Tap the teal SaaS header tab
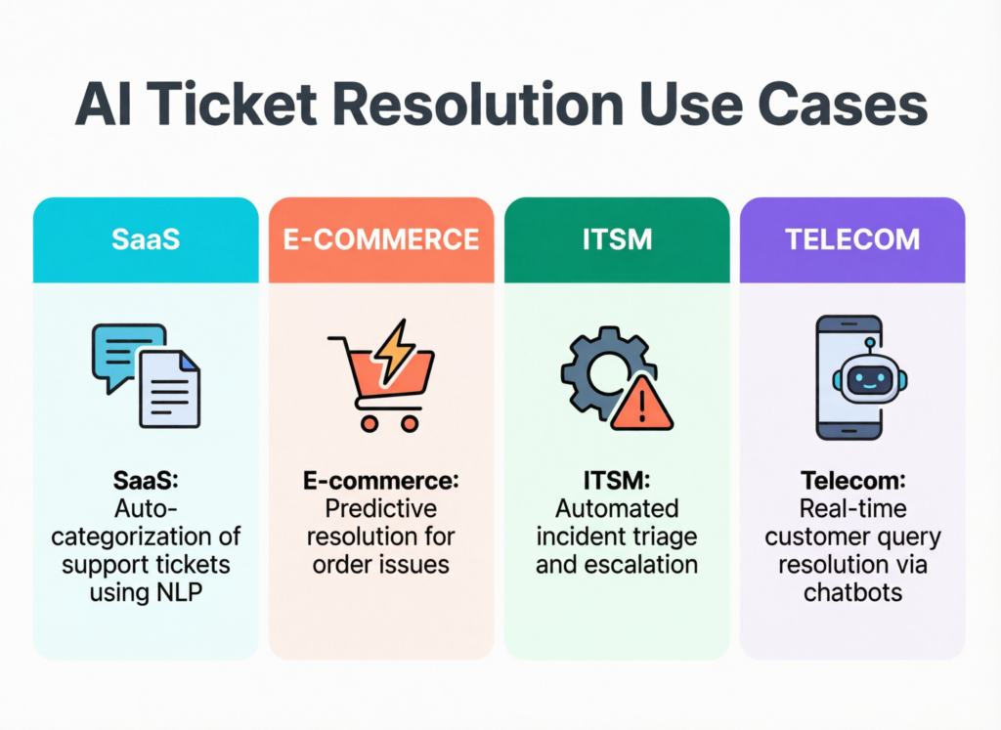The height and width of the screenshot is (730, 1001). [145, 239]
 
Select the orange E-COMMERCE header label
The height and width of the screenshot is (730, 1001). [381, 239]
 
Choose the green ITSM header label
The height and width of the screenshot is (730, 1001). [616, 239]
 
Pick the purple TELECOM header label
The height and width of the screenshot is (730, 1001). [852, 239]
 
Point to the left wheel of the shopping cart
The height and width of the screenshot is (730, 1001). [369, 422]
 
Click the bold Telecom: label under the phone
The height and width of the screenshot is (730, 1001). [851, 481]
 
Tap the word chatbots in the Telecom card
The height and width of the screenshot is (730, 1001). [851, 592]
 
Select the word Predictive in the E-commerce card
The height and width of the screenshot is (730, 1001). [381, 509]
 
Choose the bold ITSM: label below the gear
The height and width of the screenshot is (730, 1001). [616, 481]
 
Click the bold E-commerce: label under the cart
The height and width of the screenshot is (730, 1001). [381, 481]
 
